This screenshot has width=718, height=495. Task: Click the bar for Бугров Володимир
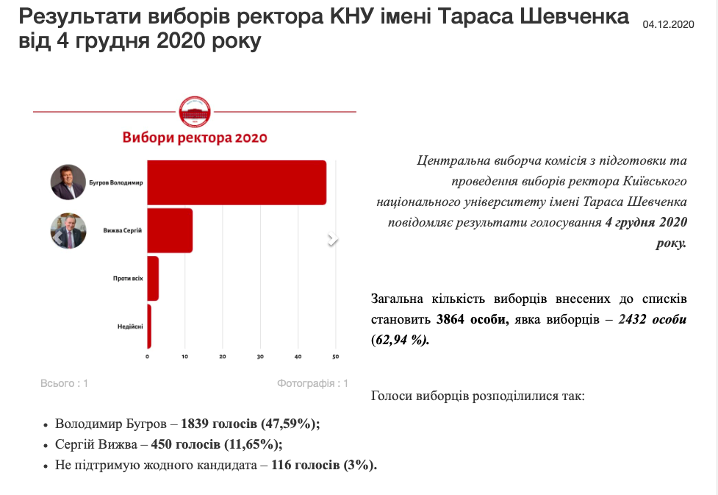[x=237, y=182]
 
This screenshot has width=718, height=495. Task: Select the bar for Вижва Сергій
[x=170, y=230]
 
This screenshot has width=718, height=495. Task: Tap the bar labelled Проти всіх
[x=153, y=278]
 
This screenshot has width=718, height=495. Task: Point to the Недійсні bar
[x=149, y=326]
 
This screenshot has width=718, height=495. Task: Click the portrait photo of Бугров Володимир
[x=68, y=182]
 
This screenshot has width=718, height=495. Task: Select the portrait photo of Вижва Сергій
[x=68, y=230]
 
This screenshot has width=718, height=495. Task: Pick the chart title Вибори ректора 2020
[x=195, y=138]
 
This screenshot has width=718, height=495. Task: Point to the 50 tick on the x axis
[x=335, y=357]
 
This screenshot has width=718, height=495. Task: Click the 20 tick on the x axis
[x=223, y=357]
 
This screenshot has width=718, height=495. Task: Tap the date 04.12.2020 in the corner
[x=668, y=25]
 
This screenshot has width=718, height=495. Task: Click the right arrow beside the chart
[x=332, y=239]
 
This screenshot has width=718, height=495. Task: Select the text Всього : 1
[x=64, y=383]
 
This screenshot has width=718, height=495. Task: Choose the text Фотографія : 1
[x=312, y=383]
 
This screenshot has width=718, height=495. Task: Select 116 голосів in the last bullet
[x=305, y=465]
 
